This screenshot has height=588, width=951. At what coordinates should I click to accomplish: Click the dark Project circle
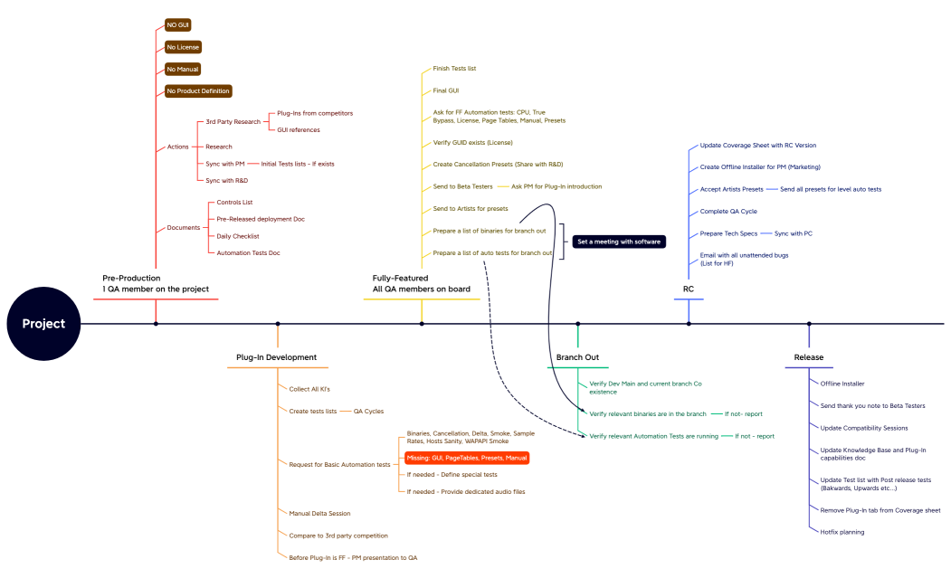tap(43, 323)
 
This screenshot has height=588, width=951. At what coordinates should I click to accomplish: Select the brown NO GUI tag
tap(178, 24)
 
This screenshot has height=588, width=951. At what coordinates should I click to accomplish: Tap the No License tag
tap(183, 47)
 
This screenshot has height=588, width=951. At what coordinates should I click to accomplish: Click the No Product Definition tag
tap(198, 90)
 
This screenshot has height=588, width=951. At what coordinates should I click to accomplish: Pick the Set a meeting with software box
tap(619, 242)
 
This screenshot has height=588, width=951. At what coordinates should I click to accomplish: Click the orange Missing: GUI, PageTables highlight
tap(466, 459)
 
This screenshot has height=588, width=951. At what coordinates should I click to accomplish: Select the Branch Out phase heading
tap(577, 357)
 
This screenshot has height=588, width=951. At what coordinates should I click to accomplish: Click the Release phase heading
tap(808, 357)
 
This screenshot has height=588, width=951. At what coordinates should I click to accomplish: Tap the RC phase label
tap(689, 289)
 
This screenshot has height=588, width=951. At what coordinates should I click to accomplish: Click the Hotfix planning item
tap(842, 532)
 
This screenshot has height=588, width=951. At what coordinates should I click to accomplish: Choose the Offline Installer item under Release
tap(842, 384)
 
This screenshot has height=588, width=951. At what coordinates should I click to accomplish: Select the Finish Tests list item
tap(454, 69)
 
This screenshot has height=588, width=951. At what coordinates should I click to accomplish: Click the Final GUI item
tap(445, 90)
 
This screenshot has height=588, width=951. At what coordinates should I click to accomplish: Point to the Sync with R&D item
tap(226, 181)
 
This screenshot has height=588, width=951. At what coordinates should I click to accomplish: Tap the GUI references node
tap(298, 129)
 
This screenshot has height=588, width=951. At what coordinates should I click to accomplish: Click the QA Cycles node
tap(368, 411)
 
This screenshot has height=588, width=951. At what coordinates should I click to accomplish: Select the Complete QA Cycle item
tap(728, 212)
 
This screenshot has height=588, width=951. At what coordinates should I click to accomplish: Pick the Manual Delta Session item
tap(319, 513)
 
